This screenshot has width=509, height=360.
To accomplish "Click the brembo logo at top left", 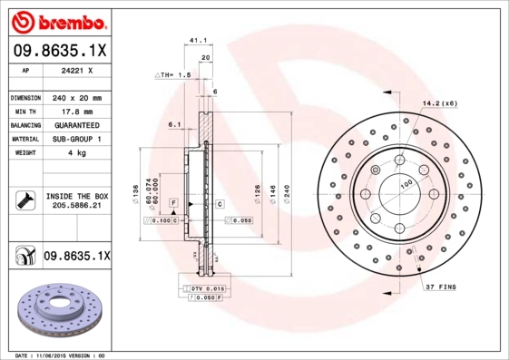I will [56, 20].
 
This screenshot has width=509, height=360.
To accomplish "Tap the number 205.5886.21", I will [75, 207].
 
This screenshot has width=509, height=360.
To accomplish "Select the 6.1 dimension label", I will [175, 125].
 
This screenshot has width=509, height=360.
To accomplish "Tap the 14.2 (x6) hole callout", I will [439, 104].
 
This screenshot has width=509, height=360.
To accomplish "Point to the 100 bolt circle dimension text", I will [406, 184].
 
